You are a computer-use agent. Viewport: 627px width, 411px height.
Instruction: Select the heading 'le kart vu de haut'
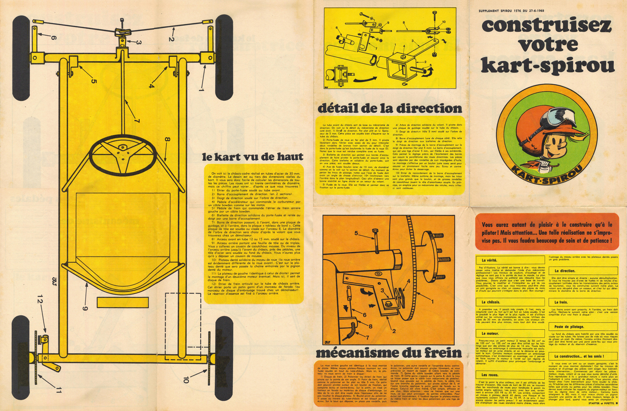[253, 157]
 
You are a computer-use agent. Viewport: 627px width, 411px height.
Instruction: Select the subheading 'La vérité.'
[489, 260]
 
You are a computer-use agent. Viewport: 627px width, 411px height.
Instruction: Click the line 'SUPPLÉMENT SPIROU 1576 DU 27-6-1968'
[511, 11]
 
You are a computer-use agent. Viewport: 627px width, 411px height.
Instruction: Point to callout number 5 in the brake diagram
[356, 233]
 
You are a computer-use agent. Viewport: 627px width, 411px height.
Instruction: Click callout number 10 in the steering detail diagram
[444, 22]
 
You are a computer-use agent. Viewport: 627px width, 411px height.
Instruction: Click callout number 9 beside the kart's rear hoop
[85, 308]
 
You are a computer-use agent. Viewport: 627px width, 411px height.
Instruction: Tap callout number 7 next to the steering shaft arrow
[136, 121]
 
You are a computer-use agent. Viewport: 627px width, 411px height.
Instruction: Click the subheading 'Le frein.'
[561, 302]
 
